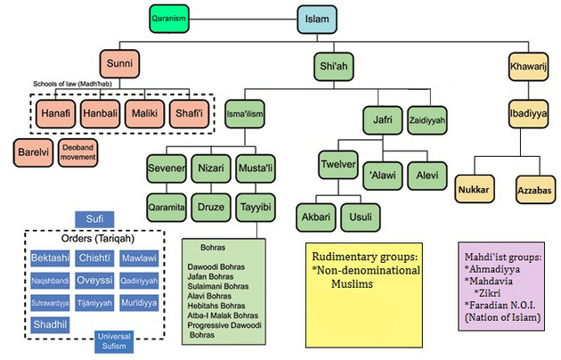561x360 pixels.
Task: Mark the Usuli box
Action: coord(360,216)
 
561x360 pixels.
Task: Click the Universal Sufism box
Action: coord(118,340)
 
